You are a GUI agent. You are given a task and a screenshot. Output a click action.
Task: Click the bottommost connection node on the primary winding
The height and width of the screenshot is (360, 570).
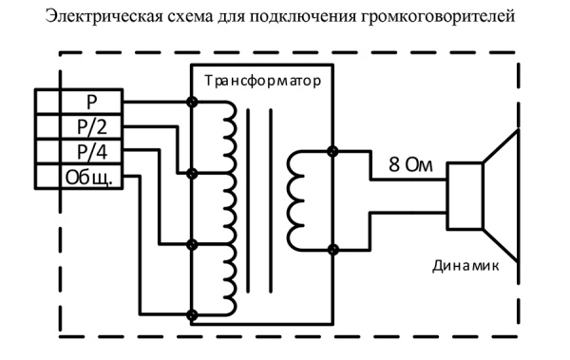tap(194, 313)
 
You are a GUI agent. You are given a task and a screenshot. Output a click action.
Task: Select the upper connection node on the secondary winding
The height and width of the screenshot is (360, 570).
tap(332, 151)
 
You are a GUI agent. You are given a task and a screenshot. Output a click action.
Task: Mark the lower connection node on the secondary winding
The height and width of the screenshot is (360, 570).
tap(332, 249)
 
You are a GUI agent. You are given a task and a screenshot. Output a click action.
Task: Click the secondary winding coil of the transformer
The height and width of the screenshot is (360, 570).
tap(297, 200)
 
